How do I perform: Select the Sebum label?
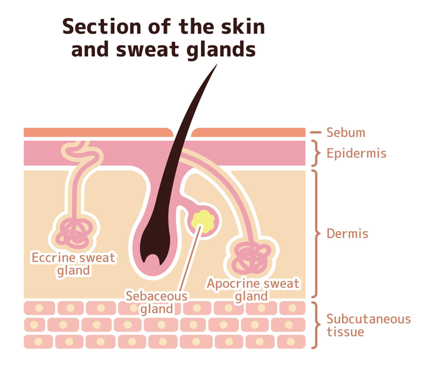point(346,132)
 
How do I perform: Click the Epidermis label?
point(356,154)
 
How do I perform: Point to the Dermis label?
point(347,234)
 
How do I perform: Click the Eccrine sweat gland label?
point(73,264)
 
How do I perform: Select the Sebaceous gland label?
point(156,302)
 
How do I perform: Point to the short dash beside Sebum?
point(315,132)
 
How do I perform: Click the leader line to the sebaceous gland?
point(189,259)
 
